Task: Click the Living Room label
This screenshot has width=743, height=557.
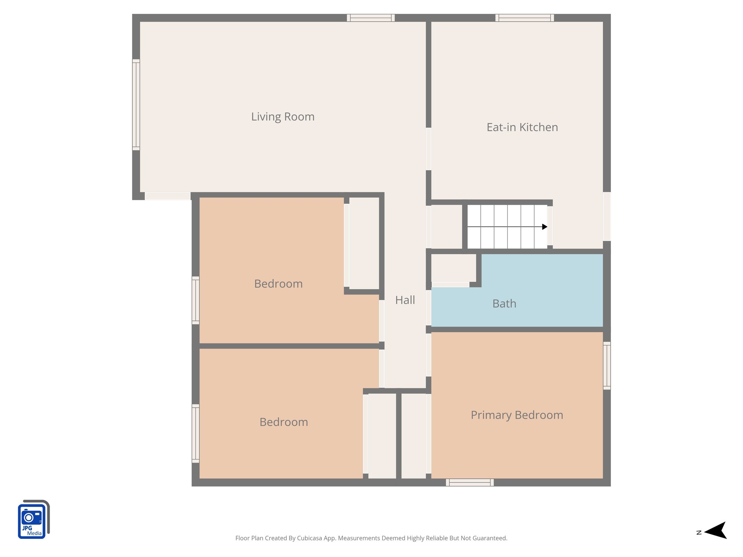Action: click(283, 117)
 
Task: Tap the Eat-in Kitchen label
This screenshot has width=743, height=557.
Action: click(522, 127)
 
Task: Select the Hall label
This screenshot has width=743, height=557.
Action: click(405, 300)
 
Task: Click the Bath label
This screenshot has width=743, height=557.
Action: click(504, 304)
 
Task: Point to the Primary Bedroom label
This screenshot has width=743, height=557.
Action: click(517, 415)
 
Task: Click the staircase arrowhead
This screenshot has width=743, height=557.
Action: click(545, 227)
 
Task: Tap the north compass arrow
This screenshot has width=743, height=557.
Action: click(716, 531)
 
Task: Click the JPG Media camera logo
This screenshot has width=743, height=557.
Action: click(33, 520)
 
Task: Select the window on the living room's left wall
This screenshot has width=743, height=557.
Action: click(136, 104)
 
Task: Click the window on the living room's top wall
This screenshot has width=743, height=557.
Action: click(370, 18)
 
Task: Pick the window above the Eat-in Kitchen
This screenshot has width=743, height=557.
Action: click(525, 18)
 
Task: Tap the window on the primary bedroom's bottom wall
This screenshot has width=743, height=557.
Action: click(469, 482)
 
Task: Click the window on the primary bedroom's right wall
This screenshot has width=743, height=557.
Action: click(607, 366)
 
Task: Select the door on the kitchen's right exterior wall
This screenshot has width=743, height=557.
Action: click(607, 216)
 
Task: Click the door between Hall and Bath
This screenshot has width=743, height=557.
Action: click(428, 308)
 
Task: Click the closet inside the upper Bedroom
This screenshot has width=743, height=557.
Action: click(364, 243)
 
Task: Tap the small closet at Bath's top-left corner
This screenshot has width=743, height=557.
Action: click(453, 268)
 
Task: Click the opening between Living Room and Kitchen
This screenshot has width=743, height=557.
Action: click(428, 149)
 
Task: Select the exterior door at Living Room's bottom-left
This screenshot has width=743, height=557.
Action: click(168, 196)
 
